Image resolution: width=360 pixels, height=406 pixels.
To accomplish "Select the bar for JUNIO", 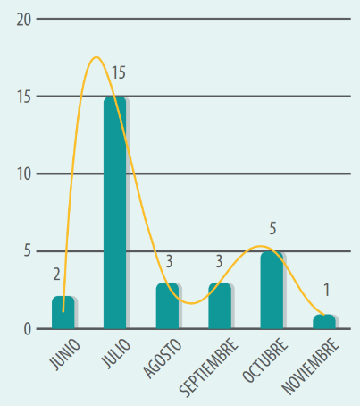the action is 63,312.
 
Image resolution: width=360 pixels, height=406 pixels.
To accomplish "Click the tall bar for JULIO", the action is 115,213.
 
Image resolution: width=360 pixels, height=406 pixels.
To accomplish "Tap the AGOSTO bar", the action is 167,306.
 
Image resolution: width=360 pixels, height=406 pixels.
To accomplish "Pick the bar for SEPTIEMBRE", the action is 220,306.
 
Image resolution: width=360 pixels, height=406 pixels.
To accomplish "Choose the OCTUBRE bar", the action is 272,290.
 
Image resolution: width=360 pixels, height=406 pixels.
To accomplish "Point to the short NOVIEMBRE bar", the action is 324,322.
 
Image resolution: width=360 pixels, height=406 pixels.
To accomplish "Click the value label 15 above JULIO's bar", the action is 119,72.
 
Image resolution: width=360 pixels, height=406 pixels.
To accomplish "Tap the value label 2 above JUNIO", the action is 57,275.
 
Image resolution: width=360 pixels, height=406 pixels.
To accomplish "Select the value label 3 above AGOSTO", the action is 169,261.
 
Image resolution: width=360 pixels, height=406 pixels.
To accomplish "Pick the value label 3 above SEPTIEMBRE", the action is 219,261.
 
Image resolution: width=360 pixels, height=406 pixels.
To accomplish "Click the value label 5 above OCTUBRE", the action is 272,229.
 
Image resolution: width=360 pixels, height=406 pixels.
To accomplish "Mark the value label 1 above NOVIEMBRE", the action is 327,290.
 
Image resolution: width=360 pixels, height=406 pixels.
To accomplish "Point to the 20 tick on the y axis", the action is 24,20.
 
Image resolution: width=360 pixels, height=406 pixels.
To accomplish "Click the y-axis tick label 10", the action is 24,174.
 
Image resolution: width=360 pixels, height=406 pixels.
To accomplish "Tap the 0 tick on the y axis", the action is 28,329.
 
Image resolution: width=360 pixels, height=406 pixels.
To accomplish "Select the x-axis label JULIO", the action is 116,353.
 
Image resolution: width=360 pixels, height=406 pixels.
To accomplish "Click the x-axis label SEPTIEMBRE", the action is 209,368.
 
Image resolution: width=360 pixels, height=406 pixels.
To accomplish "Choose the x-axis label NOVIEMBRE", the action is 311,367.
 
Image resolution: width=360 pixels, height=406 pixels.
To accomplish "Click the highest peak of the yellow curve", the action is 96,57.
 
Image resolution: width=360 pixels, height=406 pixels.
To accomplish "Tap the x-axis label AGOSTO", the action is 163,359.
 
